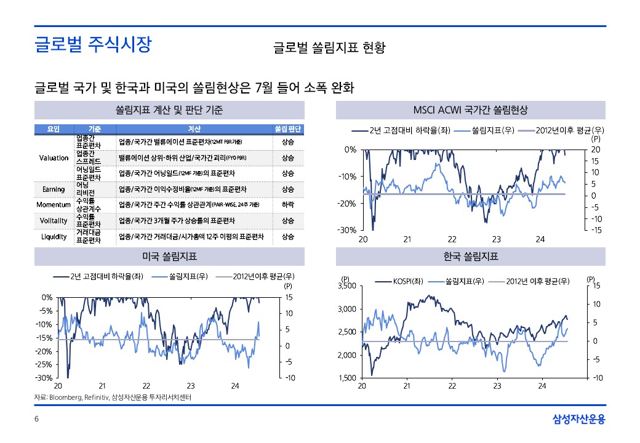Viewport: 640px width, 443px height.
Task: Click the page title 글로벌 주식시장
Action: point(93,44)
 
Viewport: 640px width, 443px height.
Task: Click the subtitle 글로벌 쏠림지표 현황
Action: point(329,48)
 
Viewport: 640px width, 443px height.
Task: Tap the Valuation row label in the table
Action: point(54,158)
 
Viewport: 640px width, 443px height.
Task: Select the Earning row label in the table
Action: point(54,189)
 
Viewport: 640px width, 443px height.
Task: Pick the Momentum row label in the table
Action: point(54,204)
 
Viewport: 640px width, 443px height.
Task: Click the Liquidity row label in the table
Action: point(54,236)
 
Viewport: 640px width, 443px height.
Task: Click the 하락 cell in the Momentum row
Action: point(288,204)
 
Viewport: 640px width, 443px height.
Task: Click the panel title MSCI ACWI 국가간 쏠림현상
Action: point(471,110)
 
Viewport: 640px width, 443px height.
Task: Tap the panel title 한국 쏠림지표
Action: point(471,257)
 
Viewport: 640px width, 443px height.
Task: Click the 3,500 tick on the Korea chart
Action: point(348,285)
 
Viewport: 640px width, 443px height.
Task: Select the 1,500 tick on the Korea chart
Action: point(348,378)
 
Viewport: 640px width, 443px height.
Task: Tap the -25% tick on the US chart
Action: point(44,365)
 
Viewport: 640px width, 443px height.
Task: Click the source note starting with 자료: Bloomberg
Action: point(113,397)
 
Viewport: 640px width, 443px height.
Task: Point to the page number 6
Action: point(36,420)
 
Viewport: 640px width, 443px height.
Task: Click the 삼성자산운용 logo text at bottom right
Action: point(578,420)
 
